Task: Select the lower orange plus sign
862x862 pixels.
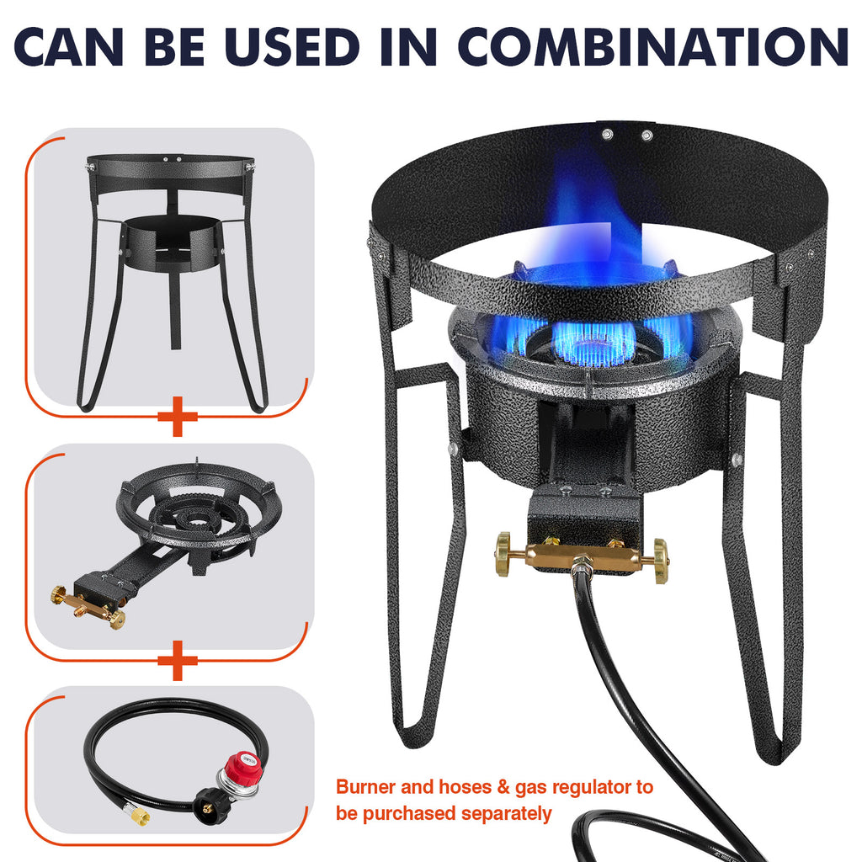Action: click(x=177, y=659)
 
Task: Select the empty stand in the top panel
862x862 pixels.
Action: click(x=173, y=269)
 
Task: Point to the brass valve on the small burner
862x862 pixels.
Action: click(x=88, y=603)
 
